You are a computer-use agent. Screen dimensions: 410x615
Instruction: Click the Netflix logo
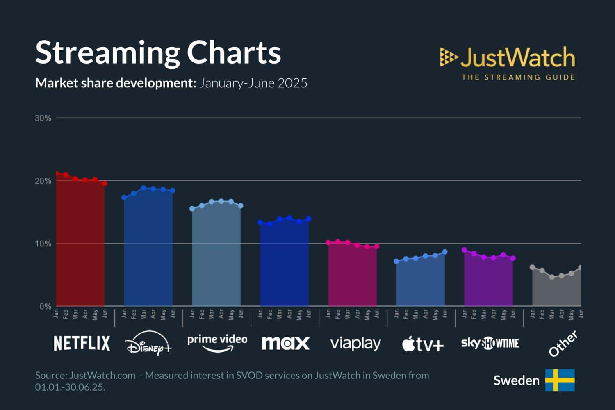[82, 343]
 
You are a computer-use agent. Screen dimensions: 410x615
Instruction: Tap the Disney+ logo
[148, 344]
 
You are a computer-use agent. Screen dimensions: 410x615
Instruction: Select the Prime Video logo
[217, 342]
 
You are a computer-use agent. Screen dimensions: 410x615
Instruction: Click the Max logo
[285, 343]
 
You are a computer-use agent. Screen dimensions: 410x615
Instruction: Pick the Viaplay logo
[355, 344]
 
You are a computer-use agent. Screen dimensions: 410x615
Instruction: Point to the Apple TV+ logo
[423, 344]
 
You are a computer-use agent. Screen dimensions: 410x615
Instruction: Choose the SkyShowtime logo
[490, 343]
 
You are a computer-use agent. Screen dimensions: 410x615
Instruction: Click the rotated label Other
[563, 344]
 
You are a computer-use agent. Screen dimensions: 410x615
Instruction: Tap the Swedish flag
[560, 380]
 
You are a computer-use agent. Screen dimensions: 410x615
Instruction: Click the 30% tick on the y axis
[43, 118]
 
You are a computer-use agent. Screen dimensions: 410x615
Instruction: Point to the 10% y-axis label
[43, 244]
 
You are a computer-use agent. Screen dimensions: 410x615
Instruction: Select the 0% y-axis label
[45, 306]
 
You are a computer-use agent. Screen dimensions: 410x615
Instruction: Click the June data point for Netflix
[105, 183]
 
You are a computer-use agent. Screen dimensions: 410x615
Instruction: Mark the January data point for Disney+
[124, 197]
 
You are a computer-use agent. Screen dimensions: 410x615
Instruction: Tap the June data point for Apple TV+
[445, 252]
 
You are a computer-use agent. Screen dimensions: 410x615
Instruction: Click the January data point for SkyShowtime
[464, 250]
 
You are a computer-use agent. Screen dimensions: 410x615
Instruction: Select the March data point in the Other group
[552, 277]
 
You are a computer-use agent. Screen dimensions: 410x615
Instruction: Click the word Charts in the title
[234, 52]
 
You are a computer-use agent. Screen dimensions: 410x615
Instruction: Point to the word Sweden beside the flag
[516, 380]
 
